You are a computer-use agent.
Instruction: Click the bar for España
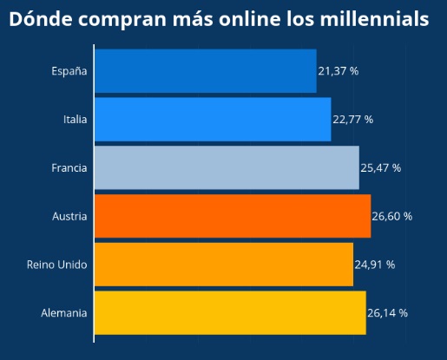[205, 71]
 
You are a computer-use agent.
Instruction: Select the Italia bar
[213, 120]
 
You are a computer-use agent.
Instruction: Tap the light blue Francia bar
[227, 167]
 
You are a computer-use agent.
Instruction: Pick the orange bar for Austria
[233, 216]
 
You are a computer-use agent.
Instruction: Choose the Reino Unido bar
[224, 264]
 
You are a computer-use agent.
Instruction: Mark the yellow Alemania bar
[230, 312]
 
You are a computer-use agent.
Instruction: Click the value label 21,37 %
[338, 71]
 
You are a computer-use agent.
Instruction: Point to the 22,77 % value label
[352, 120]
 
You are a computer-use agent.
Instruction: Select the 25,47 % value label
[380, 167]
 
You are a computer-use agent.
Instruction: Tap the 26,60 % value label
[391, 216]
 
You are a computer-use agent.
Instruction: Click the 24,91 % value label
[375, 264]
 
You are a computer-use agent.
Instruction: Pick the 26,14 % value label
[387, 312]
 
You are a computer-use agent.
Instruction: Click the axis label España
[69, 71]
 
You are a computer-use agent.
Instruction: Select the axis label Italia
[75, 120]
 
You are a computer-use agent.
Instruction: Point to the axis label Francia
[69, 167]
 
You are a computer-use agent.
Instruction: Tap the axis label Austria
[69, 216]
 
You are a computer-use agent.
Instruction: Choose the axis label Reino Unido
[56, 264]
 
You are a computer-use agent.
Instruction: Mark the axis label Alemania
[64, 312]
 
